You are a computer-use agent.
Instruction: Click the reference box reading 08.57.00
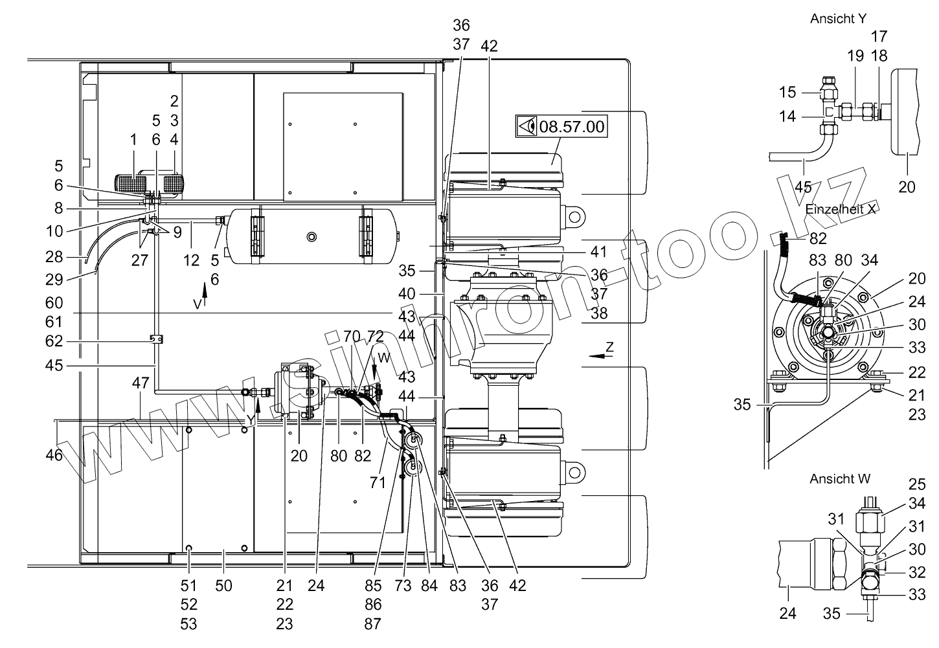[x=561, y=126]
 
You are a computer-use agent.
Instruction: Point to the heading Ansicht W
[x=839, y=479]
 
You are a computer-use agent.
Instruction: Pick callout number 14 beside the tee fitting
[x=786, y=117]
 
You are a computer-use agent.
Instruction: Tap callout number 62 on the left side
[x=54, y=341]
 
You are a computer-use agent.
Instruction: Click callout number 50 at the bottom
[x=224, y=586]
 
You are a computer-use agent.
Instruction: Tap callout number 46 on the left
[x=54, y=455]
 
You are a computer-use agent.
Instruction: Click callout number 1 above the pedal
[x=133, y=139]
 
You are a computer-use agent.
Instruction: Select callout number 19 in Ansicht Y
[x=855, y=56]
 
